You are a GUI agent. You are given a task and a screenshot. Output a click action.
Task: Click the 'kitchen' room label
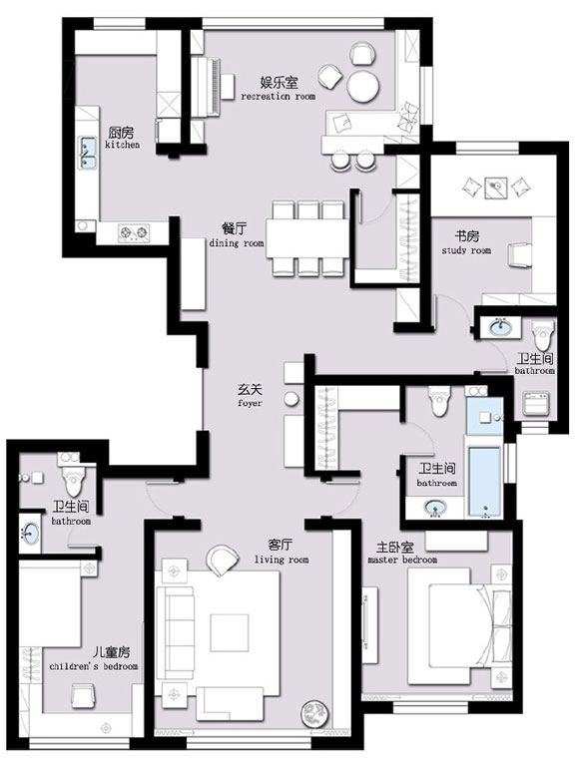click(122, 145)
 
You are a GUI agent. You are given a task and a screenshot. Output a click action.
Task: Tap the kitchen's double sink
click(88, 153)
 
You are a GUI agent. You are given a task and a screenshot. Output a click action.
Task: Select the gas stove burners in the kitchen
click(134, 232)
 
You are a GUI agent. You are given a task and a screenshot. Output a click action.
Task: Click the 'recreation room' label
click(279, 97)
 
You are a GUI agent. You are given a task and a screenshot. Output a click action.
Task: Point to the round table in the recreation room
click(363, 87)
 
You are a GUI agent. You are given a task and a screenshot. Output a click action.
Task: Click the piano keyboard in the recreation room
click(214, 87)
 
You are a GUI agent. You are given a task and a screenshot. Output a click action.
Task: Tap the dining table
click(307, 238)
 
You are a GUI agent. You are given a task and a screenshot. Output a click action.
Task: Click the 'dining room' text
click(237, 243)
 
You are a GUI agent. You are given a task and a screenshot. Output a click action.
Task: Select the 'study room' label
click(466, 250)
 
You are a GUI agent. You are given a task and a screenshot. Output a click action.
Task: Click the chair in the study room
click(519, 254)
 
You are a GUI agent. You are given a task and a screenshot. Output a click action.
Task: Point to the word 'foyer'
click(251, 403)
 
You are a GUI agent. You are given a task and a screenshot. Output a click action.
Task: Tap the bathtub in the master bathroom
click(483, 481)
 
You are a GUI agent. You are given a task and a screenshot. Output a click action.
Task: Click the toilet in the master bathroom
click(439, 400)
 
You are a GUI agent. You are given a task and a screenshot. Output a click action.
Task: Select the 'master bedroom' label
click(402, 560)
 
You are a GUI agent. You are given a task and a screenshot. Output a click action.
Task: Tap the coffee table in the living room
click(230, 632)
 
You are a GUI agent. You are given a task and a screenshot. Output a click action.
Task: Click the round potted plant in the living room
click(314, 713)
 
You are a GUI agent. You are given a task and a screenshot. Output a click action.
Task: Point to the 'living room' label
click(282, 560)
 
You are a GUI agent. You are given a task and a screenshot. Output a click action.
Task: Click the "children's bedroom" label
click(94, 666)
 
